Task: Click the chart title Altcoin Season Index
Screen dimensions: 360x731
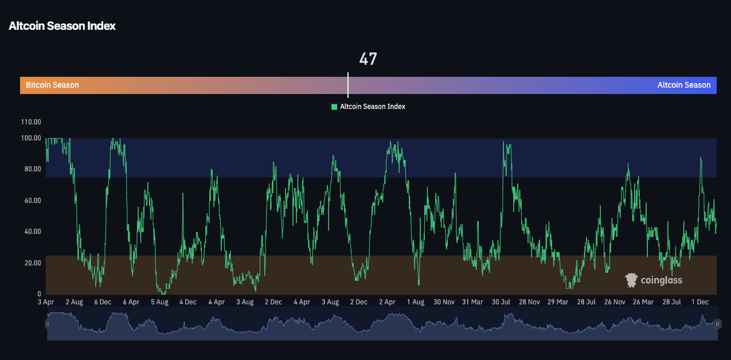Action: coord(62,26)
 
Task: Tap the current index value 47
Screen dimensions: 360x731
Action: coord(368,59)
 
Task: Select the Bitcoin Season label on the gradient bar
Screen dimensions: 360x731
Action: coord(52,85)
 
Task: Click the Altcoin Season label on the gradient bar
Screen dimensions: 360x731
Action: coord(683,85)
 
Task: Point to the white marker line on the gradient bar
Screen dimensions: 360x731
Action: coord(348,85)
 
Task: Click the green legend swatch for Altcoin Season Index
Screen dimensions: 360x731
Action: coord(334,107)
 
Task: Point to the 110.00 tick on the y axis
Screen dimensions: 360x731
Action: coord(31,122)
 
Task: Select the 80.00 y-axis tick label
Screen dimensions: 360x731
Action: coord(31,169)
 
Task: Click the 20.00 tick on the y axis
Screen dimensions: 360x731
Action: coord(31,263)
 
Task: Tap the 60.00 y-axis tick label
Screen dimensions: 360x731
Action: coord(31,201)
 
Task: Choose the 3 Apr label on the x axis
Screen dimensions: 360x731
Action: coord(46,302)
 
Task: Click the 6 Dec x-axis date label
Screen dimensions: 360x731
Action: coord(103,302)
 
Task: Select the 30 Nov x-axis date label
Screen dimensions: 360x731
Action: coord(444,302)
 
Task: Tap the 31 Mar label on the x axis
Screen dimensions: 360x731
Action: coord(472,302)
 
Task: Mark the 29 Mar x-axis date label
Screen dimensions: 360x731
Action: coord(558,302)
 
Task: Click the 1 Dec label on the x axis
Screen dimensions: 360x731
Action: coord(700,302)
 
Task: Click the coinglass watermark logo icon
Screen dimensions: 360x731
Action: coord(631,280)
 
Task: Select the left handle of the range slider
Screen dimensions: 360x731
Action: coord(48,324)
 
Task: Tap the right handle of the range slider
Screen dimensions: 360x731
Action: coord(717,324)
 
